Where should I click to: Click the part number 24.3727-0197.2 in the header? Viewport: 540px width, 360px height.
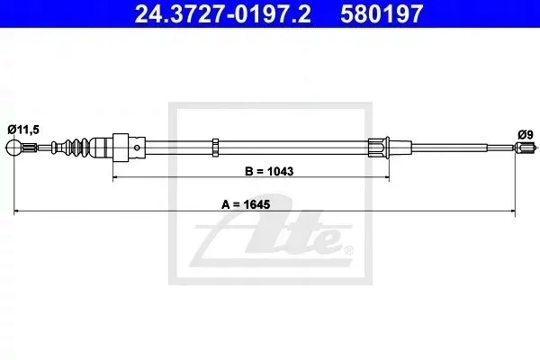click(222, 13)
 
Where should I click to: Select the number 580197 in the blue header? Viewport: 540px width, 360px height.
click(382, 13)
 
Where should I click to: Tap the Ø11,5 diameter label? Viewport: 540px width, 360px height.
click(23, 130)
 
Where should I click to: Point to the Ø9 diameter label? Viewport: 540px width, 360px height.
click(526, 134)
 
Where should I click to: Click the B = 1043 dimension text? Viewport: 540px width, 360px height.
click(269, 171)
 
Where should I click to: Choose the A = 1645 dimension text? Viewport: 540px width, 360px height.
click(246, 204)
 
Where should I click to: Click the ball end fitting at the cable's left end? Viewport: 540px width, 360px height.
click(13, 148)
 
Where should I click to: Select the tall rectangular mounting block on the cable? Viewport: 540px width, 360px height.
click(121, 148)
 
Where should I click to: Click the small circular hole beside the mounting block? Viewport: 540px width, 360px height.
click(137, 148)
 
